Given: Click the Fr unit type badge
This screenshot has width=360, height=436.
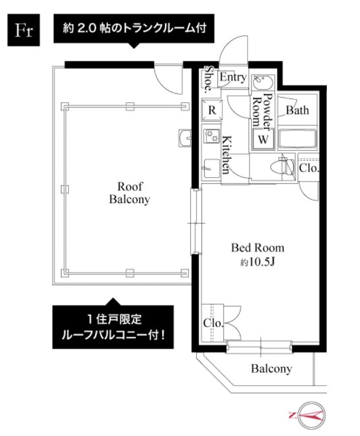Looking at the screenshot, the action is (x=24, y=30).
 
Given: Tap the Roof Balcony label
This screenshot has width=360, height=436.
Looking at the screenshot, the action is (x=129, y=193).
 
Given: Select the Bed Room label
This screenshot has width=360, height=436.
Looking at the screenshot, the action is (x=258, y=248).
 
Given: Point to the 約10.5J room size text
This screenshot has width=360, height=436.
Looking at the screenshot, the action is (x=258, y=262).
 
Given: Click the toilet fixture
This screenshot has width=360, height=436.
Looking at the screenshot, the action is (x=282, y=166).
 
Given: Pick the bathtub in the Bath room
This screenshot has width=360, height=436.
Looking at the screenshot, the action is (x=297, y=138).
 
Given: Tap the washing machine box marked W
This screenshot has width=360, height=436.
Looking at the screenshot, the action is (x=263, y=139).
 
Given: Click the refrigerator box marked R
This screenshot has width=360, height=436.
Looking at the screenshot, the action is (x=212, y=110).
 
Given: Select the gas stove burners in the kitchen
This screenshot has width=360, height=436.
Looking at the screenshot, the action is (x=212, y=136).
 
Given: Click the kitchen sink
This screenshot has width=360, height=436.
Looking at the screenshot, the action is (x=212, y=168).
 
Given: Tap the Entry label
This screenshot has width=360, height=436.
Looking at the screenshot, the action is (x=233, y=77).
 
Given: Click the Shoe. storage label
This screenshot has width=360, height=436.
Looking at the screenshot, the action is (x=209, y=79).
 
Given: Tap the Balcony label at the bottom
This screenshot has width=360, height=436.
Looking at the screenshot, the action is (x=271, y=369).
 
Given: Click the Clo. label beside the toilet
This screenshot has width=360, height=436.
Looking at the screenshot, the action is (x=308, y=168).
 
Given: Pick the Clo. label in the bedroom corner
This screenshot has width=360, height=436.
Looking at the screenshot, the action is (x=213, y=323).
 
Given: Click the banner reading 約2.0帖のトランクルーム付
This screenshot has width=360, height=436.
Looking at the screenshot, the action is (x=134, y=28).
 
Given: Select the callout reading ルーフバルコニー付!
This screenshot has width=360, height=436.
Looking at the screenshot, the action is (x=113, y=336).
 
